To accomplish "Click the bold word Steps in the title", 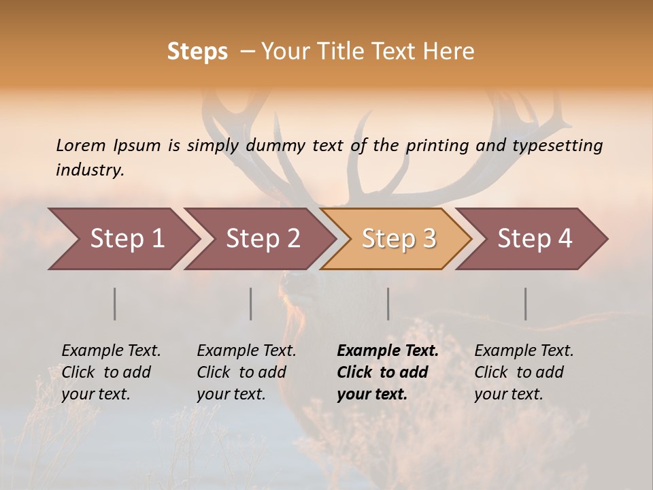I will pos(197,52).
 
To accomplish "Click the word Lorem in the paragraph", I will pos(81,146).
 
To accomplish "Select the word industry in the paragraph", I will pos(89,170).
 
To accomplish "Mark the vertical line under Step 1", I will pos(115,304).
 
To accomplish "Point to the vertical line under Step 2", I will pos(251,304).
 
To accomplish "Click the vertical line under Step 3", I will pos(388,304).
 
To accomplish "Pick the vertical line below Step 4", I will pos(526,304).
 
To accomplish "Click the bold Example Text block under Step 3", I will pos(388,372).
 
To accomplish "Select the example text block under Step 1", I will pos(111,372).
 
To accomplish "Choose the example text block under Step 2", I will pos(246,372).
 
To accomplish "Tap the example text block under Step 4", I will pos(524,372).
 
